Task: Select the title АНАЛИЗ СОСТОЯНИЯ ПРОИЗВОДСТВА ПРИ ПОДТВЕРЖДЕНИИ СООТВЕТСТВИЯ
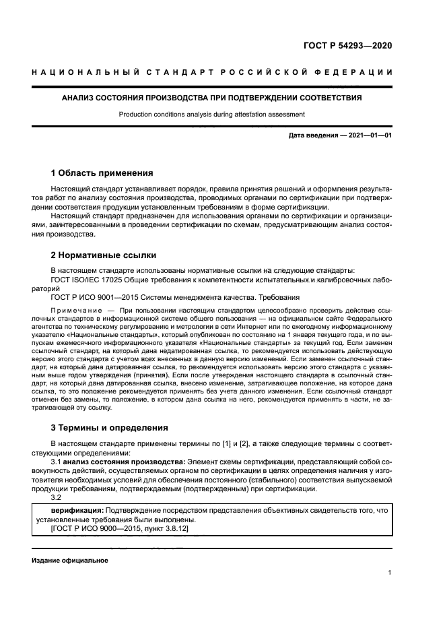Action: click(x=211, y=98)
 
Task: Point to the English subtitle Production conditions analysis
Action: click(x=211, y=115)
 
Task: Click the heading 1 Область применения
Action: click(x=102, y=173)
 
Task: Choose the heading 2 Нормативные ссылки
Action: click(x=104, y=255)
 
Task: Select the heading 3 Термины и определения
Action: click(x=110, y=427)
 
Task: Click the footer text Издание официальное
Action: click(x=70, y=561)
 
